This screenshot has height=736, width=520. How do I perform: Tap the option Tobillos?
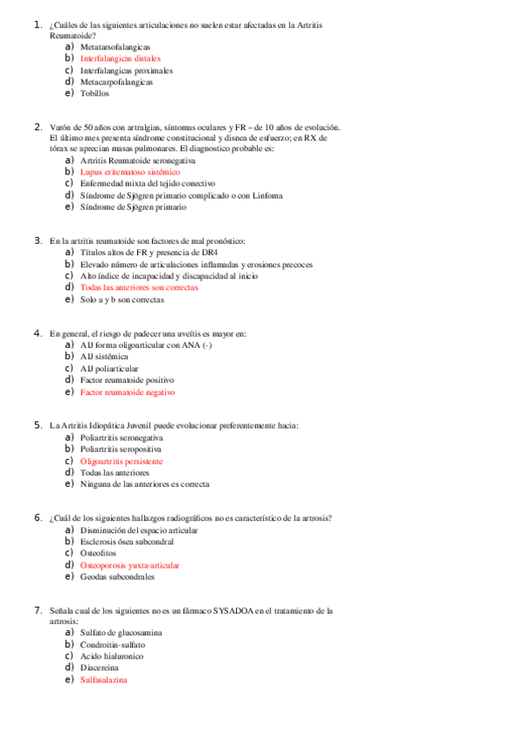[x=95, y=93]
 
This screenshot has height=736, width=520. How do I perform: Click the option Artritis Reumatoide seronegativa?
[x=137, y=161]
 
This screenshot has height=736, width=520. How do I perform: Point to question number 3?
[x=38, y=240]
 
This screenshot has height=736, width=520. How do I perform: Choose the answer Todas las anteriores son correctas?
[x=139, y=287]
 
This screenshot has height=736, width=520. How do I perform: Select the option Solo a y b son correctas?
[x=122, y=299]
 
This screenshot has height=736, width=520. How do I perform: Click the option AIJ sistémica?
[x=104, y=357]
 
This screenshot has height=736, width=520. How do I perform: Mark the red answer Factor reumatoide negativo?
[x=128, y=392]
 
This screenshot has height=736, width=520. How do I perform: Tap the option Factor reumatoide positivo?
[x=127, y=380]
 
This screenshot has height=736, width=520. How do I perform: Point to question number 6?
[x=38, y=518]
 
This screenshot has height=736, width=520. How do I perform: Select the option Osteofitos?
[x=99, y=553]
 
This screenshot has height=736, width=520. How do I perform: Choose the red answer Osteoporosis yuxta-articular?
[x=129, y=565]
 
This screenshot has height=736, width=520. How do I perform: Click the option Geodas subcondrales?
[x=117, y=576]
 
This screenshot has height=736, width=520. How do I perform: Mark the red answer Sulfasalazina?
[x=103, y=680]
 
